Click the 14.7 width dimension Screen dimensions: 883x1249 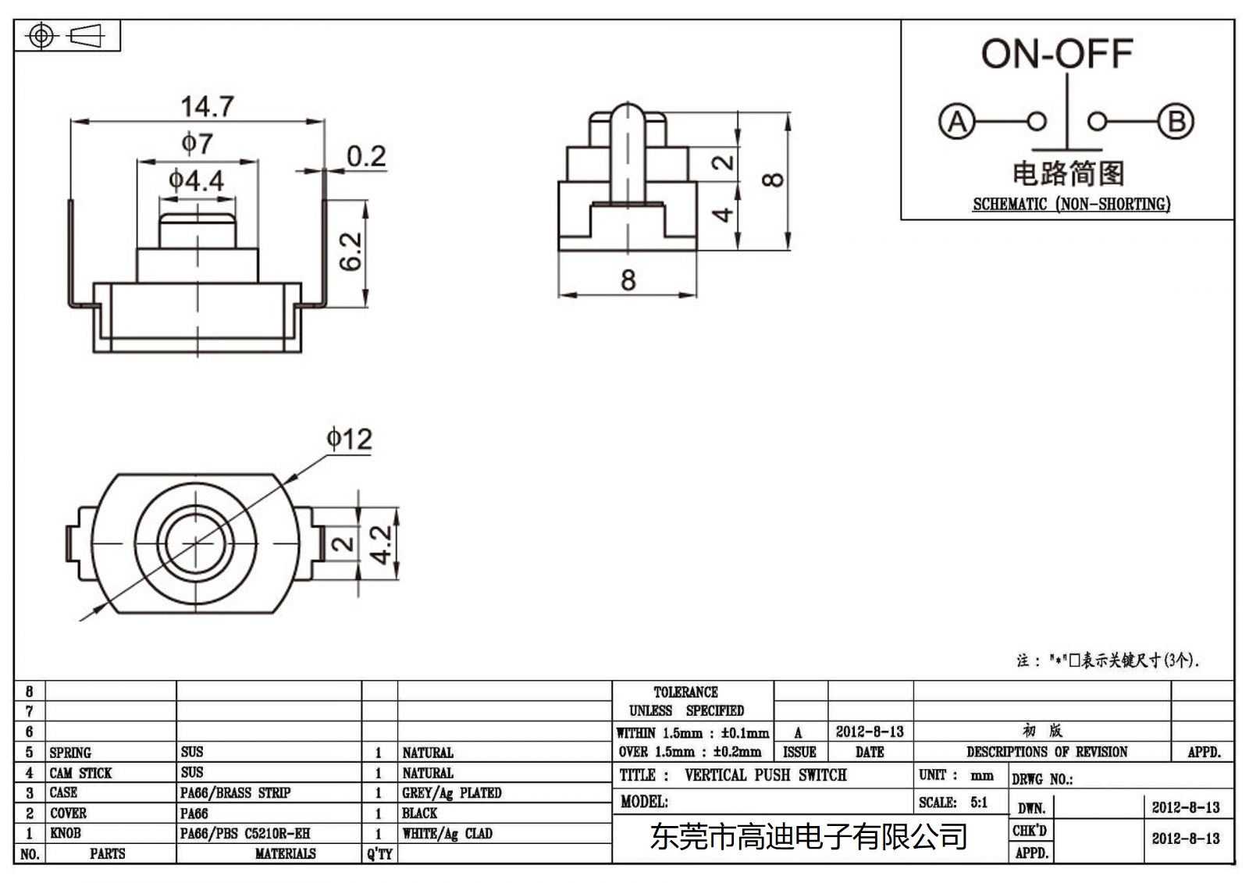207,106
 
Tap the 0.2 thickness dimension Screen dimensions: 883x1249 366,156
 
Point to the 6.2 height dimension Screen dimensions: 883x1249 351,251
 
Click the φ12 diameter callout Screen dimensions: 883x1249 349,440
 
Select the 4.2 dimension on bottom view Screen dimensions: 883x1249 382,544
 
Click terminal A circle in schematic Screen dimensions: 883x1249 957,122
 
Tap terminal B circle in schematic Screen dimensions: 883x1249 1176,122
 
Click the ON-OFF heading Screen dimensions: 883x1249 1056,54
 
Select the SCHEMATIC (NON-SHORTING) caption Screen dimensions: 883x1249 1071,205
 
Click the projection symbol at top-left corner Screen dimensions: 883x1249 67,36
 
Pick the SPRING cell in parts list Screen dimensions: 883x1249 70,753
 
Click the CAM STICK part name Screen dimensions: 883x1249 80,773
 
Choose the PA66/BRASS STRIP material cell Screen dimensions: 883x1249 235,793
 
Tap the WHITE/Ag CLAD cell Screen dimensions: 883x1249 447,834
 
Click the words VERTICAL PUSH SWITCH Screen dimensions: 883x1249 765,775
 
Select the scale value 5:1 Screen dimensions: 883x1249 979,803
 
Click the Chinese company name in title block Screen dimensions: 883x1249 809,837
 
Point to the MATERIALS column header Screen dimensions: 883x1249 285,854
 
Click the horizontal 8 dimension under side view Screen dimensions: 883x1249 628,280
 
